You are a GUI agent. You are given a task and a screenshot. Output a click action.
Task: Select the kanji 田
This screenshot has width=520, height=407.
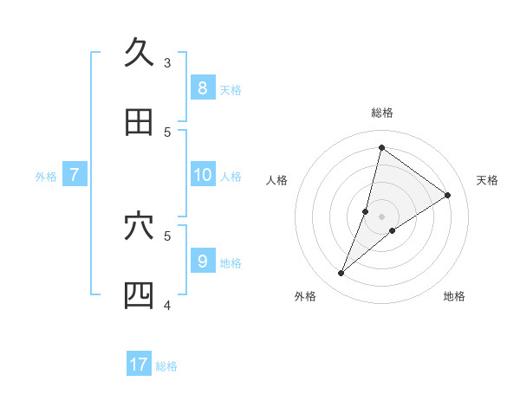tap(139, 122)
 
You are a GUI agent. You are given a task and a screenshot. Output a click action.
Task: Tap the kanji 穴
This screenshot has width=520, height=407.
tap(139, 226)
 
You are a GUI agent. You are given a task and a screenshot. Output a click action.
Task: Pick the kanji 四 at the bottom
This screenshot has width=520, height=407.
tap(139, 295)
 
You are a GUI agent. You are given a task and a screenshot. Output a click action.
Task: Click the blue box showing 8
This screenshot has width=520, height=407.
tap(202, 87)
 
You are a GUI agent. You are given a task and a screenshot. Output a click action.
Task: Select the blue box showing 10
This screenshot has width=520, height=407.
tap(202, 174)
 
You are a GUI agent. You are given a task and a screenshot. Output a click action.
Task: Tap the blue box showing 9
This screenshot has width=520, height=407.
tap(202, 261)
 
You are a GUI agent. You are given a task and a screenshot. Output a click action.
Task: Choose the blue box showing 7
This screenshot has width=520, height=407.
tap(75, 174)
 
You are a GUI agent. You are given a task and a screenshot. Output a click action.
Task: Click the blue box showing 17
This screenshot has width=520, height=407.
tap(139, 365)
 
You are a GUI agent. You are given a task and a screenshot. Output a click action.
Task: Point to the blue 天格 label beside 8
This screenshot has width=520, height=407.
tap(231, 90)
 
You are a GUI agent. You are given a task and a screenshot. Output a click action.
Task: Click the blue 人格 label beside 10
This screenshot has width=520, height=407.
tap(231, 177)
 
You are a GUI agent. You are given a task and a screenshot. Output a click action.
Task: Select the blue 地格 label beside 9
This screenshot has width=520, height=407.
tap(231, 263)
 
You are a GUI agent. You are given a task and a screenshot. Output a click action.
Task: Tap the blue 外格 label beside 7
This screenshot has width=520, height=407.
tap(46, 177)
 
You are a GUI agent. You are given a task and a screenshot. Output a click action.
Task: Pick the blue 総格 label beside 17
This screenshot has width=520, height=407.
tap(166, 366)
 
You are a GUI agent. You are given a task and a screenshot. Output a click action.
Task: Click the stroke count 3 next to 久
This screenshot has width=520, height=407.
tap(167, 62)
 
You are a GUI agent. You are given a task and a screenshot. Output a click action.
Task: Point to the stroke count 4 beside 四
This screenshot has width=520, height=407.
tap(167, 305)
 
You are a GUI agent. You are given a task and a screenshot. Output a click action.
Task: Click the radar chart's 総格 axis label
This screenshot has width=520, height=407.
tap(382, 113)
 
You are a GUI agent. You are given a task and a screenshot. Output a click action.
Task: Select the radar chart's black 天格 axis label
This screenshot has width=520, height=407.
tap(488, 180)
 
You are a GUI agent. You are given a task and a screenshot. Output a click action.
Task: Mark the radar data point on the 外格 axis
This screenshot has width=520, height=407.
tap(341, 274)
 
